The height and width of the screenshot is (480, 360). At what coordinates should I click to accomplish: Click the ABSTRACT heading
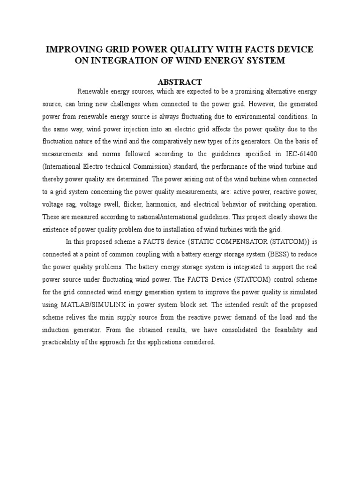(x=180, y=82)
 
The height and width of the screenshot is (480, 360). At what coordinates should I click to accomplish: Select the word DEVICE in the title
(x=295, y=50)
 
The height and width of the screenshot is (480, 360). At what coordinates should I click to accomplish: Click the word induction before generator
(x=55, y=330)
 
